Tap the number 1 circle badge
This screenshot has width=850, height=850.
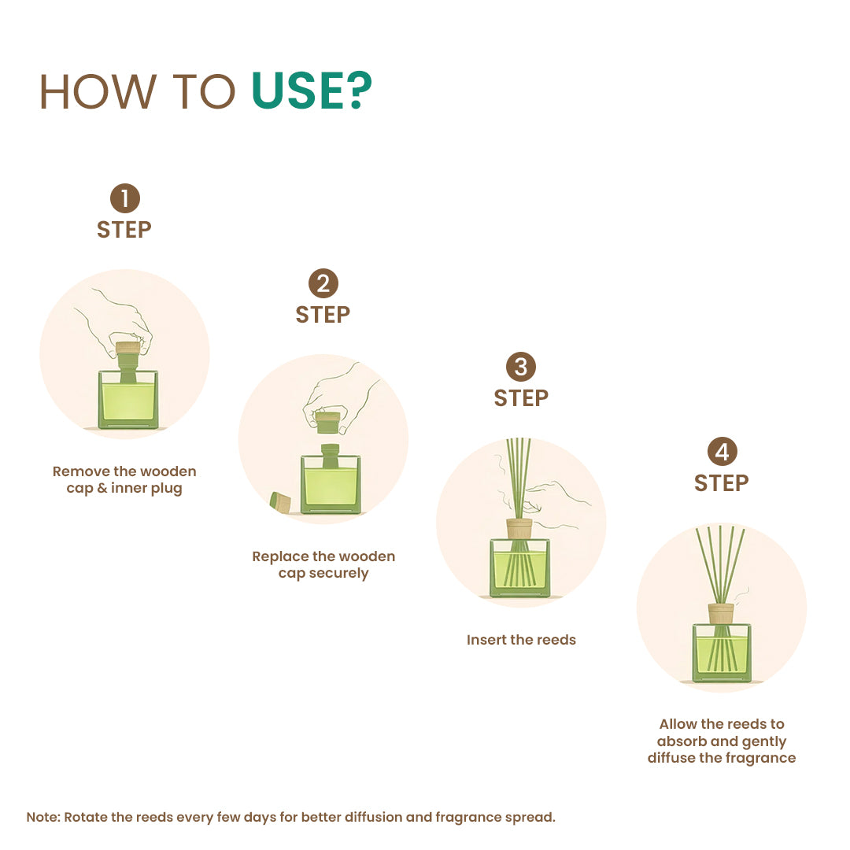[124, 198]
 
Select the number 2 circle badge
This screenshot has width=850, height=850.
[323, 283]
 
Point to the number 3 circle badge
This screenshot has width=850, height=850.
[521, 367]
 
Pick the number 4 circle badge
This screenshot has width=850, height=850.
[722, 452]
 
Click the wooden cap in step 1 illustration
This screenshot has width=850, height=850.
[128, 347]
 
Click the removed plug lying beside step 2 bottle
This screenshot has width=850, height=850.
[280, 502]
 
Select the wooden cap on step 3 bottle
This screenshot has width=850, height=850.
[519, 528]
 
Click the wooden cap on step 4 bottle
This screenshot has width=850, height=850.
[720, 613]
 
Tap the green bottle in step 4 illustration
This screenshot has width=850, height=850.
[722, 652]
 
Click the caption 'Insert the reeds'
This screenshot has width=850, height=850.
[521, 640]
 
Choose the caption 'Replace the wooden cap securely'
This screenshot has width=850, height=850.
[323, 564]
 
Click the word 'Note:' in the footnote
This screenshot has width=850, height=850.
[42, 817]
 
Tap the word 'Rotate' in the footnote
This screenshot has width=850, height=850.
[86, 817]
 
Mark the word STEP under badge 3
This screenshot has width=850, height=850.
[521, 398]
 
